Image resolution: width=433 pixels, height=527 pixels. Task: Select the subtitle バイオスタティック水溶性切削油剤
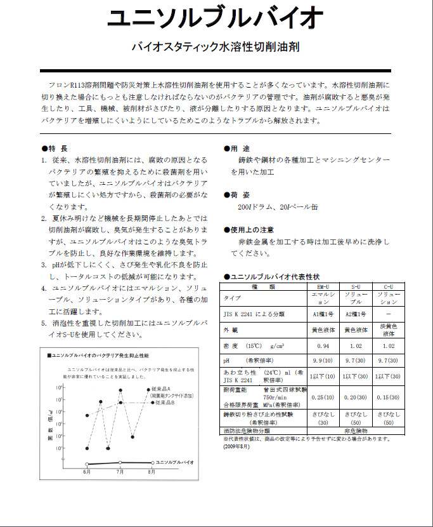(x=215, y=47)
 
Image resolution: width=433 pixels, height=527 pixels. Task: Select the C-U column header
(x=389, y=287)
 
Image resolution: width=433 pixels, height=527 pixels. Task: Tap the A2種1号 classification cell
(x=356, y=313)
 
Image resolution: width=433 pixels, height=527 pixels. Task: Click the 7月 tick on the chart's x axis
(x=120, y=473)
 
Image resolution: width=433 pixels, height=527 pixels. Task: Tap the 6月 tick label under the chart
(x=86, y=473)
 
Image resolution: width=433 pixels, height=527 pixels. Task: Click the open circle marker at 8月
(x=152, y=462)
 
